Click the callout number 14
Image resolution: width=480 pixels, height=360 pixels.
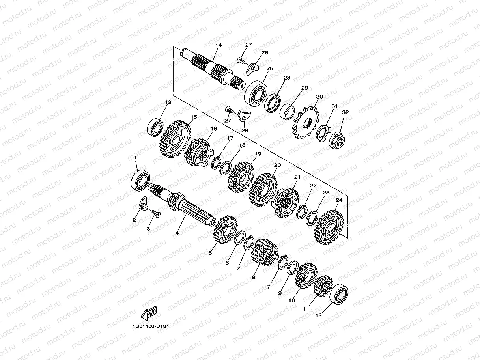coord(219,45)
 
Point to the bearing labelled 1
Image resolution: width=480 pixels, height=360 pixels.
coord(140,179)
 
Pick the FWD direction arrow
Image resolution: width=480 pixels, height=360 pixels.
coord(149,313)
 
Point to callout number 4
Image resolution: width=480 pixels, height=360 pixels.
coord(177,233)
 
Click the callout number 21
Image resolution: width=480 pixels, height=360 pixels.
coord(297,177)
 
